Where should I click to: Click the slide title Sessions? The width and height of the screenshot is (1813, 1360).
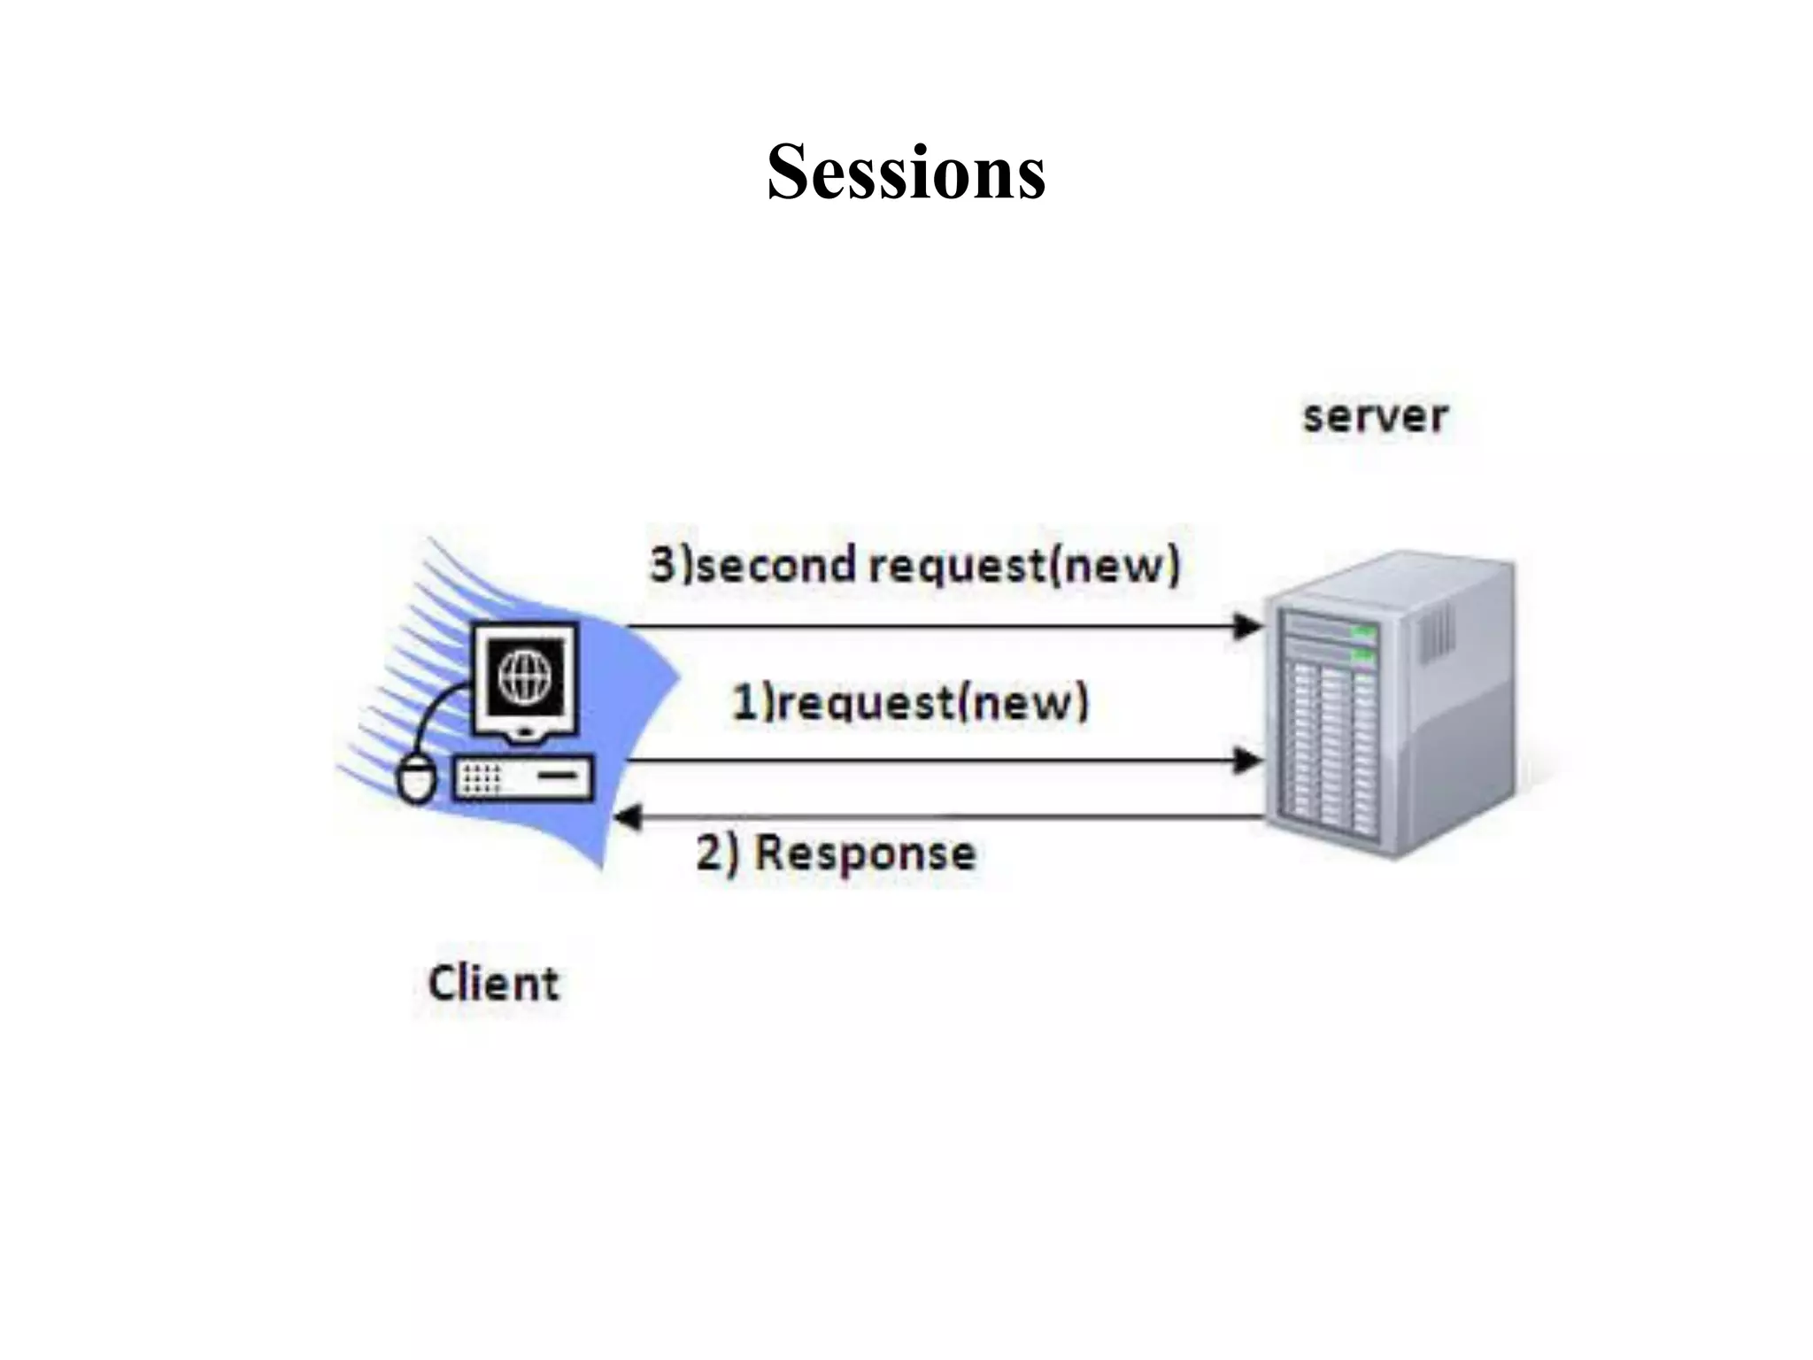906,172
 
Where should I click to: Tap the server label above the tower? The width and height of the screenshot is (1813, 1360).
1375,416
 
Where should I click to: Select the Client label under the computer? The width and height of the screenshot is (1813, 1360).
493,983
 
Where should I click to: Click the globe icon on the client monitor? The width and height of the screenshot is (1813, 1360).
526,676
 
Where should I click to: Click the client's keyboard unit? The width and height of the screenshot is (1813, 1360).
523,778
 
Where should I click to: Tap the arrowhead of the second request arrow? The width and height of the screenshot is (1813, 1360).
1248,627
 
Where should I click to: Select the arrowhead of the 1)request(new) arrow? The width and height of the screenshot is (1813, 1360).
1248,760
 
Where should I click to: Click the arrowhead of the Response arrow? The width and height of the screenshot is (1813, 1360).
627,817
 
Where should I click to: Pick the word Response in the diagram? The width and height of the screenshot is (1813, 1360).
865,854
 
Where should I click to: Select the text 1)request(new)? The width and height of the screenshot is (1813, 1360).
909,703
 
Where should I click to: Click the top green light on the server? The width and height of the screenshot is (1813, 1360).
1362,631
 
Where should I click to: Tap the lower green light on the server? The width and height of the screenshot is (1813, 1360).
1362,656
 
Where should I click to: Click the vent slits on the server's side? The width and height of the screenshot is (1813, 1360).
1436,637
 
